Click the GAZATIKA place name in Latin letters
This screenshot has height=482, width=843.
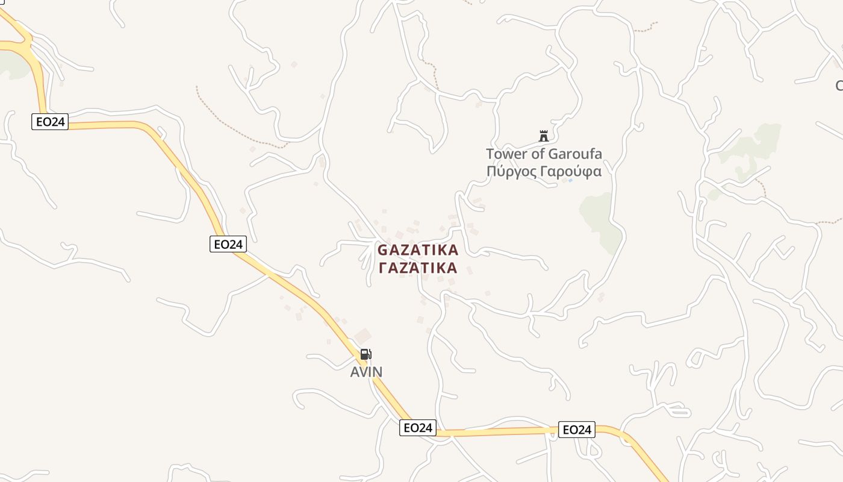(418, 249)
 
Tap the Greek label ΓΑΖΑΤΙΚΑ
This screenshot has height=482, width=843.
(418, 268)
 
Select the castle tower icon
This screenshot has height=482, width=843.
(544, 136)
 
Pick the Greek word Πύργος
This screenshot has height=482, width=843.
(511, 172)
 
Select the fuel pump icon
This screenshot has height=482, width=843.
(366, 354)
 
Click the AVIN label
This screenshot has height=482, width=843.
(366, 372)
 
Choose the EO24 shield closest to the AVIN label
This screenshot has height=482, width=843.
(417, 428)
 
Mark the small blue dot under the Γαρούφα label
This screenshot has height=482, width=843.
(570, 180)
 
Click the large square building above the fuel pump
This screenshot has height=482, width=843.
(362, 336)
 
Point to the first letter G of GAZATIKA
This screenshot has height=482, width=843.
(382, 250)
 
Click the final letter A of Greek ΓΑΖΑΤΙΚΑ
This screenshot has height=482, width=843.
(452, 268)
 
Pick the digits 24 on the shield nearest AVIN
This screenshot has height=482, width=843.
(426, 428)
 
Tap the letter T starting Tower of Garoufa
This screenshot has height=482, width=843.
(490, 154)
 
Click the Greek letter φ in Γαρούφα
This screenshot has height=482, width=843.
(586, 172)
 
